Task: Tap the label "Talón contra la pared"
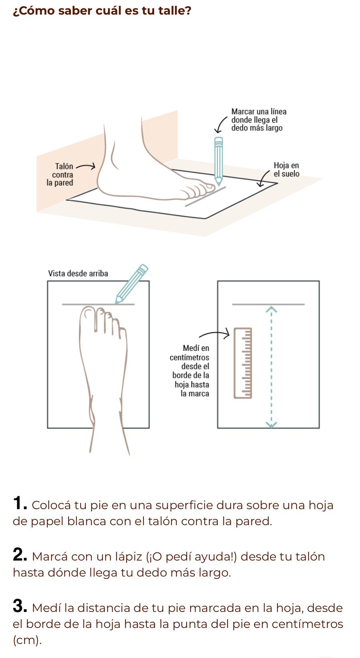pos(60,174)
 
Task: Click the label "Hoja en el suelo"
pos(286,169)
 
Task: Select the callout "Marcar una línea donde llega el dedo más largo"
pos(258,120)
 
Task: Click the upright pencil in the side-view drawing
pos(219,161)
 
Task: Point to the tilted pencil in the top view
pos(131,284)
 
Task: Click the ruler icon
pos(243,363)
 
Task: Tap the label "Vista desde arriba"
pos(78,273)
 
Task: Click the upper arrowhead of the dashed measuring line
pos(271,309)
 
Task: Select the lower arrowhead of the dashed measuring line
pos(271,425)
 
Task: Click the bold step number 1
pos(20,503)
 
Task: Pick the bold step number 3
pos(20,606)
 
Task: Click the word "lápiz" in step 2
pos(128,557)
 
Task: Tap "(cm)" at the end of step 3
pos(27,640)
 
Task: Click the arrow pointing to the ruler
pos(215,334)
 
